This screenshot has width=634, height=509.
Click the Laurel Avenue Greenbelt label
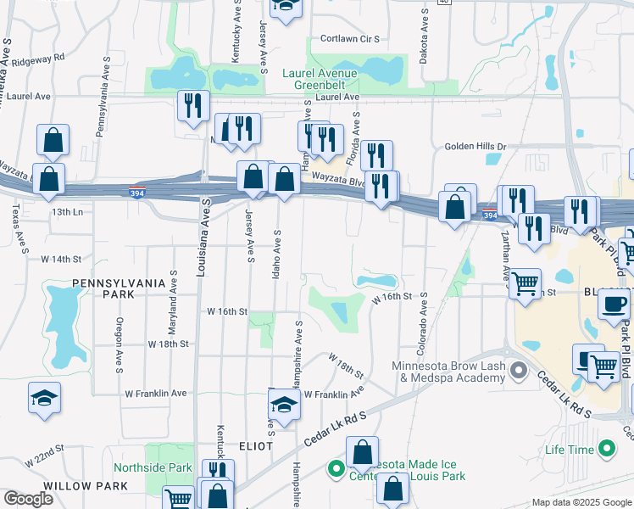pyautogui.click(x=319, y=79)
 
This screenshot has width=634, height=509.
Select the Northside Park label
pyautogui.click(x=156, y=467)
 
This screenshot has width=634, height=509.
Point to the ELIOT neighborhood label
pyautogui.click(x=255, y=445)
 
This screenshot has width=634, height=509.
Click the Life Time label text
pyautogui.click(x=570, y=449)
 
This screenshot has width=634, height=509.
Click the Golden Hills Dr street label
pyautogui.click(x=475, y=147)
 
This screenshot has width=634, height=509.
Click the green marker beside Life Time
pyautogui.click(x=607, y=448)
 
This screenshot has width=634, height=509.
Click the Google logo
pyautogui.click(x=28, y=499)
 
